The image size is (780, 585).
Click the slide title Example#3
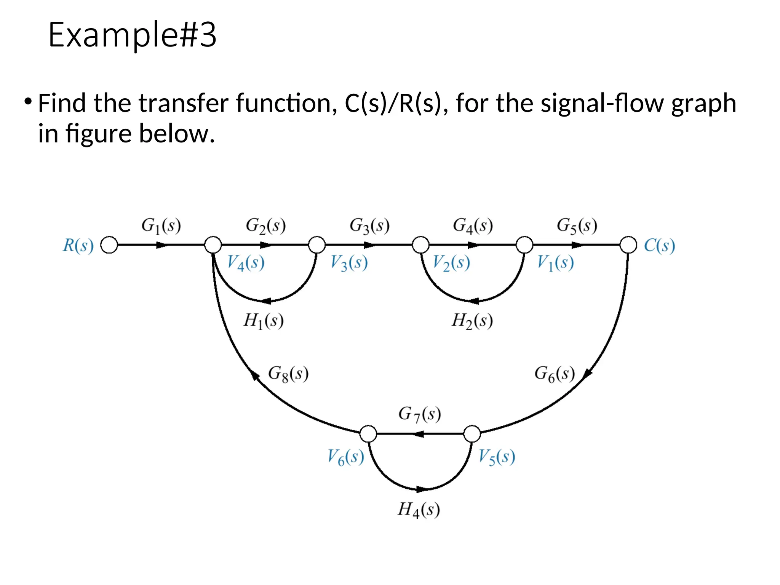[132, 35]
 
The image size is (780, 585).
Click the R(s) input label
[78, 246]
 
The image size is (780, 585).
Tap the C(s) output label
[659, 246]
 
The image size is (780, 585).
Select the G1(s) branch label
[161, 226]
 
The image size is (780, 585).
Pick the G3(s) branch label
[369, 226]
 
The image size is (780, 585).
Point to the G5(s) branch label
[577, 226]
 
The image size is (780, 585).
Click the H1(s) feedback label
[264, 321]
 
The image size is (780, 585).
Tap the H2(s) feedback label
[472, 321]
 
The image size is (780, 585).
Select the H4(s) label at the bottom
[419, 510]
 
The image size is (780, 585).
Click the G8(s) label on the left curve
[288, 374]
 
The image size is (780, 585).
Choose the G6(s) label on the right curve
[555, 374]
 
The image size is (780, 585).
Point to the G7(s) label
[420, 414]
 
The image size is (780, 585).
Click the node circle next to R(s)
[109, 245]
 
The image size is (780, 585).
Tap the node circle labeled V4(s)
[213, 245]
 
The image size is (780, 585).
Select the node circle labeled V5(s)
[472, 434]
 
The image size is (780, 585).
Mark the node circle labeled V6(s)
[368, 434]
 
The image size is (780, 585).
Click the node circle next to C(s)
[628, 245]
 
